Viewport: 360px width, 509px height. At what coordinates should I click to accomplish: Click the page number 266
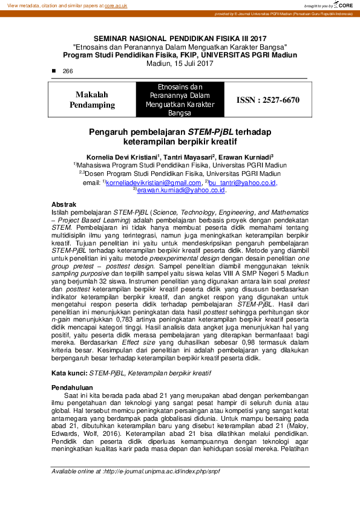(x=68, y=71)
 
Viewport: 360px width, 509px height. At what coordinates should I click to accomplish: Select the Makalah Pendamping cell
(x=95, y=100)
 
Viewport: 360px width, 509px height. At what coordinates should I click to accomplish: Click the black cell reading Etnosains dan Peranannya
(x=179, y=100)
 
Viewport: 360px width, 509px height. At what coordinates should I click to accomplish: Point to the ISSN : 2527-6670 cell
(x=267, y=100)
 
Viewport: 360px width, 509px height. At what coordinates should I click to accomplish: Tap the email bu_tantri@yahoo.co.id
(x=242, y=183)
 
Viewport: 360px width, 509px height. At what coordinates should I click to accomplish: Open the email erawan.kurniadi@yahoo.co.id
(x=181, y=190)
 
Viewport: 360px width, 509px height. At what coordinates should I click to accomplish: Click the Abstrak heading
(x=64, y=206)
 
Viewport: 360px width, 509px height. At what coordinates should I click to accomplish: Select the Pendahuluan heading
(x=71, y=387)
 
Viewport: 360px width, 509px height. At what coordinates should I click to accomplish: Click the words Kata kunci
(x=69, y=374)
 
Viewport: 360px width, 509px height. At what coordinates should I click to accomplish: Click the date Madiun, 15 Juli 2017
(x=180, y=63)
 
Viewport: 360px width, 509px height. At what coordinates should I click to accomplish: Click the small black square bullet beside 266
(x=54, y=71)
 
